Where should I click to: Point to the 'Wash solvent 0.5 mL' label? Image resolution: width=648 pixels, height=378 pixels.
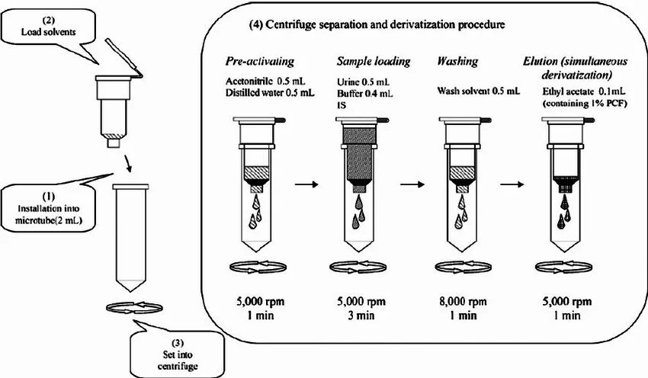point(478,91)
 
